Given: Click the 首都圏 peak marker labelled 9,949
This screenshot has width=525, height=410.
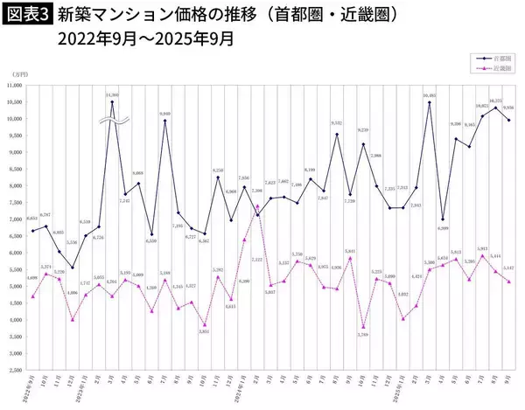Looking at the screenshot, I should tap(165, 121).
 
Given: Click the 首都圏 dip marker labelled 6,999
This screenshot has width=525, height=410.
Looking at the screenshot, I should tap(443, 219).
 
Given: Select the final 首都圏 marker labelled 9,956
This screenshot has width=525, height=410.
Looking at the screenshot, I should tap(508, 121).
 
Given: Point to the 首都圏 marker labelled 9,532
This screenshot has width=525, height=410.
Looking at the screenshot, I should tap(337, 135).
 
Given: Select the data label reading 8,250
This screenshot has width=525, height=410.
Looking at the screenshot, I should tap(218, 177).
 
